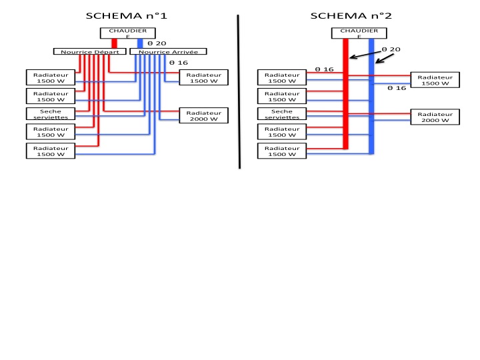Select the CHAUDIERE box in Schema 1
tap(128, 33)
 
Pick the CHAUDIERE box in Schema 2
tap(359, 33)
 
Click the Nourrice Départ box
tap(89, 51)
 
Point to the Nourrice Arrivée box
tap(168, 51)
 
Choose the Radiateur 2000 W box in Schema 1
tap(203, 116)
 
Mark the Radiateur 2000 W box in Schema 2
tap(435, 117)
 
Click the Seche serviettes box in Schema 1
tap(51, 114)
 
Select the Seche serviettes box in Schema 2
tap(282, 113)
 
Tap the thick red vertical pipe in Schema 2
tap(345, 100)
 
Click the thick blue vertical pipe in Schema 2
tap(372, 100)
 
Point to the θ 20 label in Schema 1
tap(157, 43)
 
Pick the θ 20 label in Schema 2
tap(391, 49)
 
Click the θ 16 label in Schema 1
tap(179, 62)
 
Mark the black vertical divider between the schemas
tap(239, 90)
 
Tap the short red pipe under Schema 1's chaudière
tap(114, 43)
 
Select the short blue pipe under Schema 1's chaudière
tap(140, 43)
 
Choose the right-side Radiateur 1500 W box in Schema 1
tap(203, 77)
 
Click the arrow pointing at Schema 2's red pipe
tap(360, 54)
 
